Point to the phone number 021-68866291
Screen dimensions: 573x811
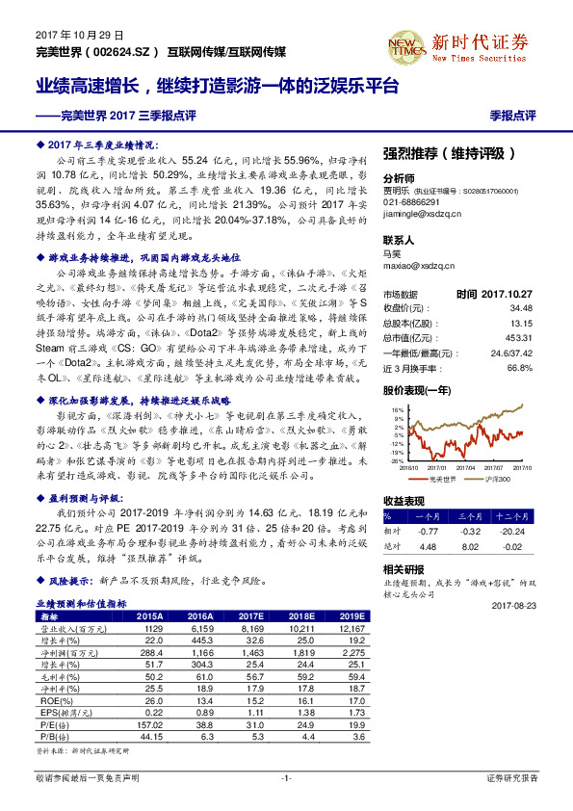click(411, 203)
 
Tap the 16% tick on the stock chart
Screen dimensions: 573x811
click(397, 408)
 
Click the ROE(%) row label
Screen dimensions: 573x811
click(50, 701)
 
